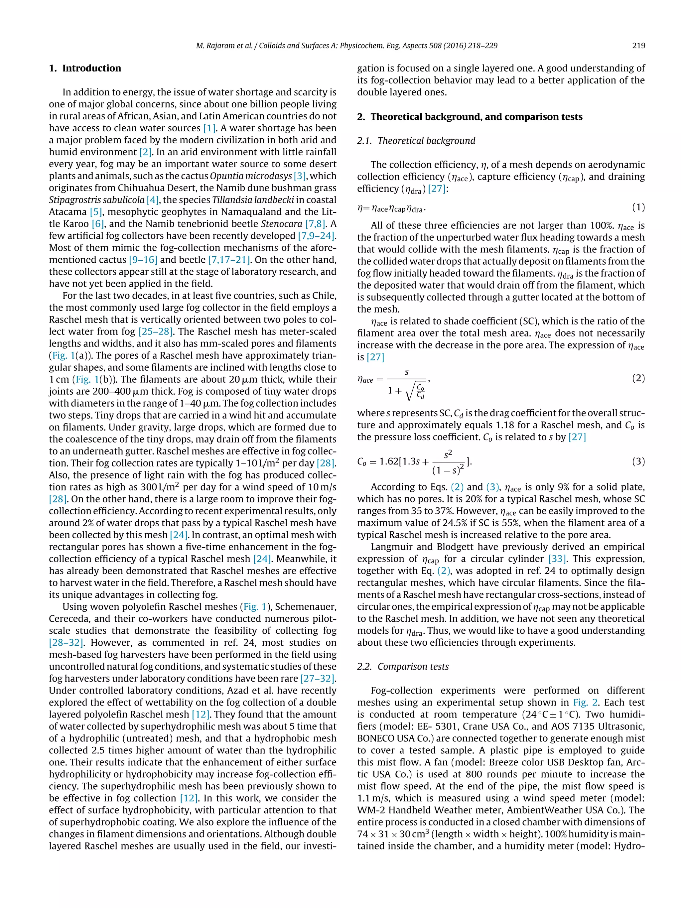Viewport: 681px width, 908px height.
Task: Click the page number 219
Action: (638, 46)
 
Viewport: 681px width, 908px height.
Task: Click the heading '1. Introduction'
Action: (85, 68)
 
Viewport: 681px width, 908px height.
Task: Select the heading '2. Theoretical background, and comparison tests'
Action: (470, 117)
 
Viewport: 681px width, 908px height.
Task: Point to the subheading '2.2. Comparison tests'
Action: (403, 666)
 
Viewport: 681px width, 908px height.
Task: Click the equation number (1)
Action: (638, 207)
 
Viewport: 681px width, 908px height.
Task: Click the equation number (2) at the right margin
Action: (638, 378)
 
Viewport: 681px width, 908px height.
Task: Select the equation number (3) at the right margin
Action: (638, 461)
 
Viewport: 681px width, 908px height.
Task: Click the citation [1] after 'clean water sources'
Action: (209, 128)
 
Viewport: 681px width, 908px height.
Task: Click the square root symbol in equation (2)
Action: (409, 393)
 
